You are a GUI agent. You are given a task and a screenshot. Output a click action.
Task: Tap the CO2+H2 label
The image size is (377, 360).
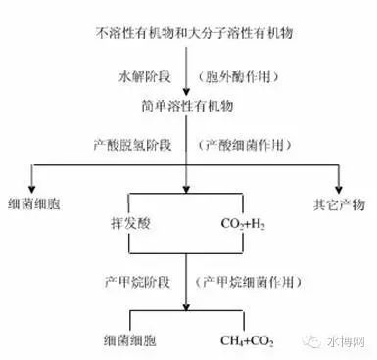coord(239,224)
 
